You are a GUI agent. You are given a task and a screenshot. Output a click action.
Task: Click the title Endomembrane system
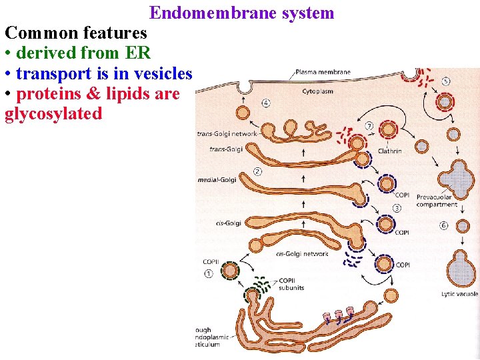(241, 13)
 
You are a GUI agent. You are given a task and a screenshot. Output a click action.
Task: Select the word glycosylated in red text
(53, 114)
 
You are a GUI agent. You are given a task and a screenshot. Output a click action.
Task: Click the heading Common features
(76, 33)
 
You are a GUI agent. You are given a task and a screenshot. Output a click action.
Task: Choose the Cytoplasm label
(318, 90)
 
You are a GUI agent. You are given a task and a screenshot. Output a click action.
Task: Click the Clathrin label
(390, 151)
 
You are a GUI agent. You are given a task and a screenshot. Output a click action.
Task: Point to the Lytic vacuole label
(459, 294)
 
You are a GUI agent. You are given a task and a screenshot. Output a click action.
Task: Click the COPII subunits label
(291, 284)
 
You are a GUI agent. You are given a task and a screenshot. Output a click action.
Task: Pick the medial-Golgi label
(217, 179)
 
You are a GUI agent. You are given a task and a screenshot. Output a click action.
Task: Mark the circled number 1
(209, 272)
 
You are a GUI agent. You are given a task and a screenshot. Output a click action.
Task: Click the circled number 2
(257, 171)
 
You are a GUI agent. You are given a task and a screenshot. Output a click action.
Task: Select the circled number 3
(397, 208)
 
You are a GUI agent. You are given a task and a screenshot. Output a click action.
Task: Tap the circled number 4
(266, 103)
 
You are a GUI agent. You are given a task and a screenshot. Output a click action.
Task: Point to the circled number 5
(445, 81)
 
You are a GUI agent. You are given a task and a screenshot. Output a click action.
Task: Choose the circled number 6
(444, 225)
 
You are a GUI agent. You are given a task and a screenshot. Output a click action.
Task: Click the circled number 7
(369, 125)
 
